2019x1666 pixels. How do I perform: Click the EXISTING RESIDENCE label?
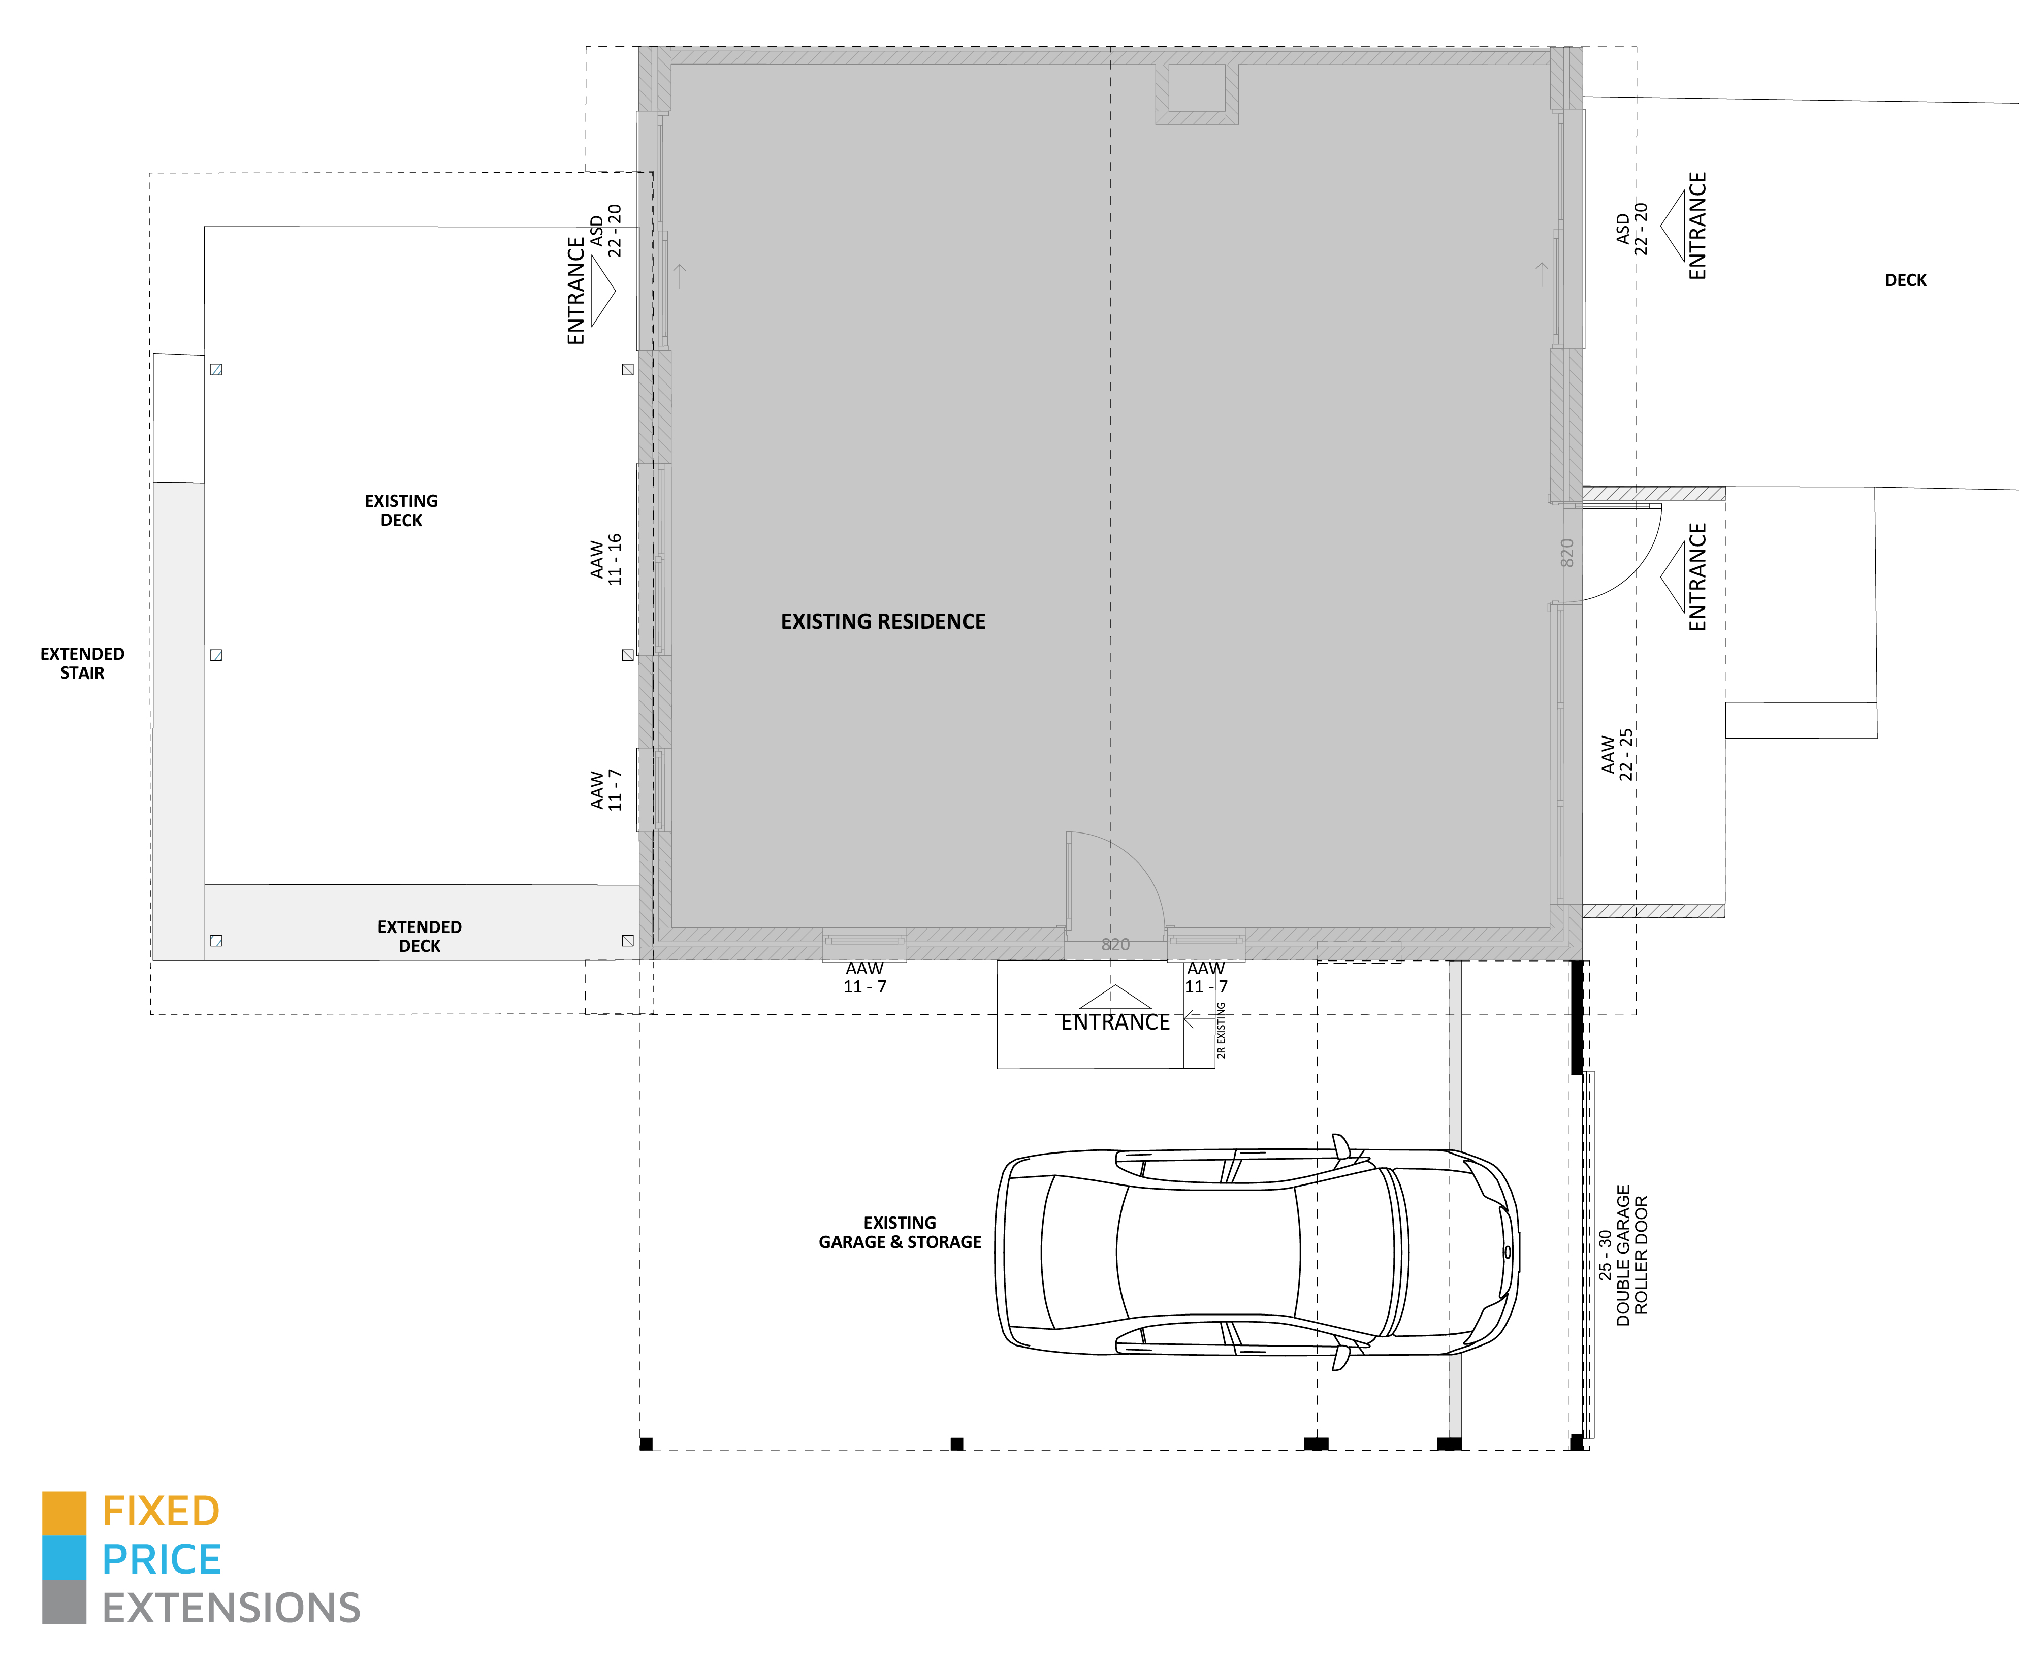click(x=883, y=622)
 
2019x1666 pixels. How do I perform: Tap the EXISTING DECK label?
click(x=401, y=510)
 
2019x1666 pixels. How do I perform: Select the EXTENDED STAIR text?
click(x=82, y=663)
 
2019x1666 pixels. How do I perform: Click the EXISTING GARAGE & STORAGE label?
click(x=900, y=1232)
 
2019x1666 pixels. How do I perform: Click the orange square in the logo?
click(x=65, y=1514)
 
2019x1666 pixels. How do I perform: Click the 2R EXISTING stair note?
click(x=1221, y=1030)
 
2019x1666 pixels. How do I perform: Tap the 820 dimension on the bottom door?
click(x=1115, y=944)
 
